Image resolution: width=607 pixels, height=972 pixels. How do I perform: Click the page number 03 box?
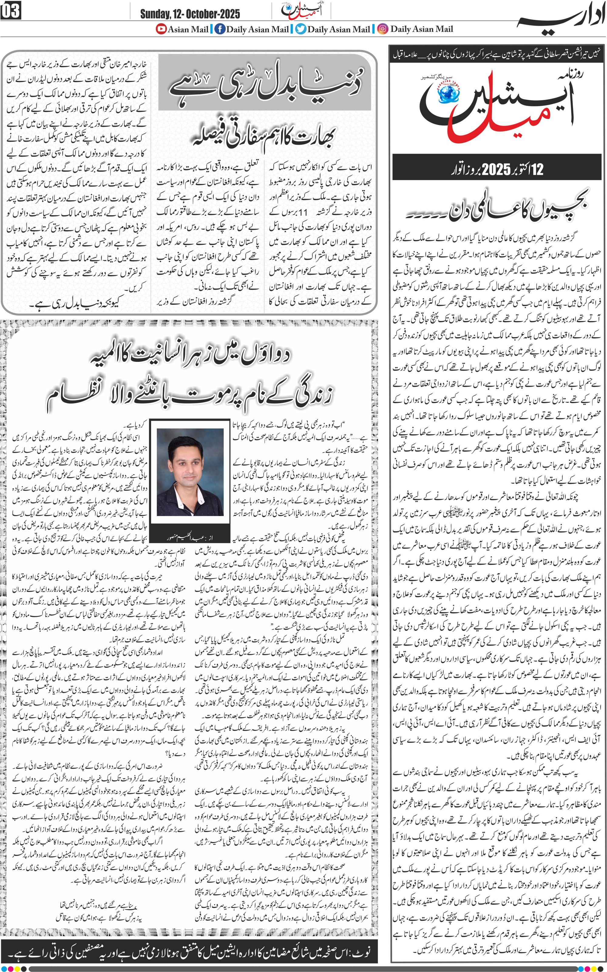coord(11,11)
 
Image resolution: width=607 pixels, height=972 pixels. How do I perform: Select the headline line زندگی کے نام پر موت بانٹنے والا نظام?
coord(189,397)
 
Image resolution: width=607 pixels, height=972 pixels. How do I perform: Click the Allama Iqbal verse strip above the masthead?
coord(497,54)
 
